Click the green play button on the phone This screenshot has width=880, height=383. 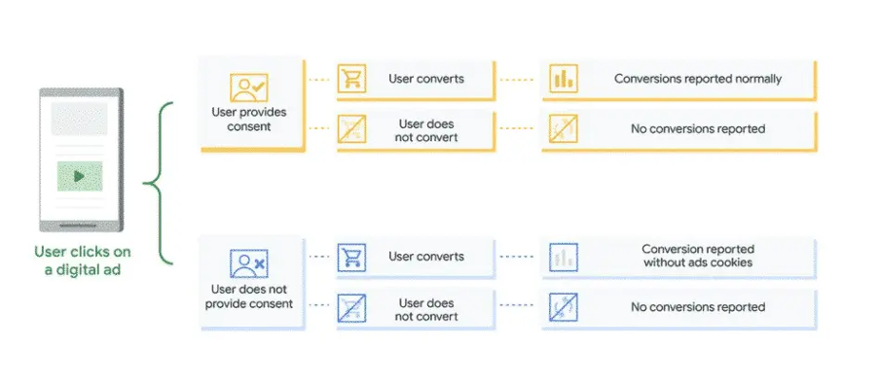click(x=80, y=177)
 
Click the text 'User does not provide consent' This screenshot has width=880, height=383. click(x=249, y=296)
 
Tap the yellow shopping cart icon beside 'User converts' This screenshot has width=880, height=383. click(x=351, y=80)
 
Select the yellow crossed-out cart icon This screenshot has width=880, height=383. click(x=351, y=130)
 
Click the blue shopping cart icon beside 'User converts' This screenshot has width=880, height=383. click(x=351, y=258)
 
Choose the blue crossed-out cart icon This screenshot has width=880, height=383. click(x=351, y=308)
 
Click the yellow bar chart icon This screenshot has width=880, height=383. click(x=563, y=80)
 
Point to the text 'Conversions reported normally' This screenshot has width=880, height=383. click(x=697, y=79)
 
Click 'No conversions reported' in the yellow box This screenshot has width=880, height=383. click(x=697, y=129)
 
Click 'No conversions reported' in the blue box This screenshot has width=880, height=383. click(x=697, y=307)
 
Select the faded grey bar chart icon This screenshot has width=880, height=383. click(x=563, y=257)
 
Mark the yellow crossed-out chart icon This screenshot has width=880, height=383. click(x=563, y=130)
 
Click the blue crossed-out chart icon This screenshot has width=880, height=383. click(x=563, y=308)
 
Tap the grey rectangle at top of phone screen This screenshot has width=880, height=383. click(x=80, y=119)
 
